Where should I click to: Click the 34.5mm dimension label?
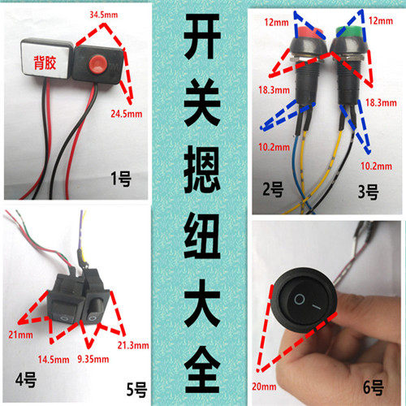pos(104,15)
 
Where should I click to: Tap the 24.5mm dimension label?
pos(127,114)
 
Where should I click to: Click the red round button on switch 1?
pos(98,64)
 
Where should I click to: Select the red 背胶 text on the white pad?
pos(45,63)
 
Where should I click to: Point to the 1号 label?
pos(121,179)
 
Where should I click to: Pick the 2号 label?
pos(273,189)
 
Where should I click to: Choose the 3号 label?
pos(369,192)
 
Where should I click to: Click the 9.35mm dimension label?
pos(93,359)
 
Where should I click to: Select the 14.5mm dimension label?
pos(54,360)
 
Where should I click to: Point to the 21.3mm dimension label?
pos(133,345)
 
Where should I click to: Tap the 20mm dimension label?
pos(264,387)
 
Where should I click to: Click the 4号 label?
pos(26,380)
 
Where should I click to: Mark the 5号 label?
pos(137,390)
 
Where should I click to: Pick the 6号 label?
pos(374,387)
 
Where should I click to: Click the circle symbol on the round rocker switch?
pos(300,300)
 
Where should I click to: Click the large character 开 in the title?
pos(202,37)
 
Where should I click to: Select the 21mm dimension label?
pos(20,335)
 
